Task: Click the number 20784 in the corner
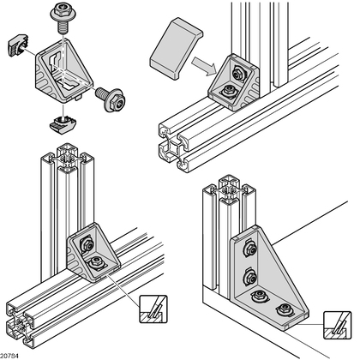pos(9,356)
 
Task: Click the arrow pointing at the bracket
pos(203,66)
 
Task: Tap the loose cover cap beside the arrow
pos(176,48)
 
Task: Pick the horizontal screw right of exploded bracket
pos(111,99)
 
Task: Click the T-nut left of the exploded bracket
pos(17,45)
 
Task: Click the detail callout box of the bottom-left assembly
pos(153,309)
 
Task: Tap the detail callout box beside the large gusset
pos(337,325)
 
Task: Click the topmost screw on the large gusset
pos(249,249)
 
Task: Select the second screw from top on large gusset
pos(249,277)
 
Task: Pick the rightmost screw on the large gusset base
pos(285,309)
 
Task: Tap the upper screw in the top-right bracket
pos(237,74)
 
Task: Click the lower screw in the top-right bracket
pos(229,92)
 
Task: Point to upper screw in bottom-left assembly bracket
pos(87,244)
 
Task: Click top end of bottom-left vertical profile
pos(68,158)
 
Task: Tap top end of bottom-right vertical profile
pos(229,189)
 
